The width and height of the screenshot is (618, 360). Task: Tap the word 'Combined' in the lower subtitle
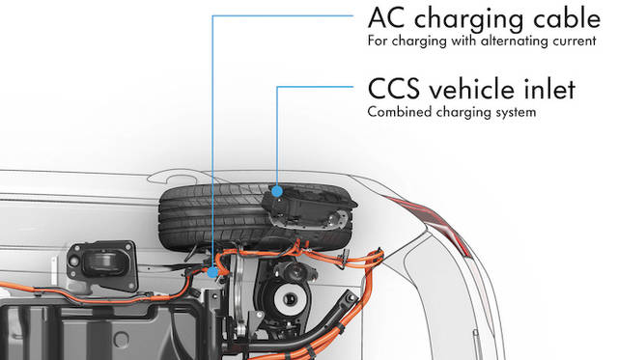tap(400, 112)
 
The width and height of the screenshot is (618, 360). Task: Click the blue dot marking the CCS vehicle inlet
tap(277, 191)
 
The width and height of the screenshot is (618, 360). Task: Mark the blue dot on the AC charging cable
tap(212, 272)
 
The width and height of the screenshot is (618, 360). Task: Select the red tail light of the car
tap(434, 223)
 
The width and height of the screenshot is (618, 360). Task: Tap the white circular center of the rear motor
tap(289, 298)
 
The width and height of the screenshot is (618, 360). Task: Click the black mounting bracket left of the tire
tap(102, 265)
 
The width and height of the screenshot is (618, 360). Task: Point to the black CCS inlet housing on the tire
tap(305, 208)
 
